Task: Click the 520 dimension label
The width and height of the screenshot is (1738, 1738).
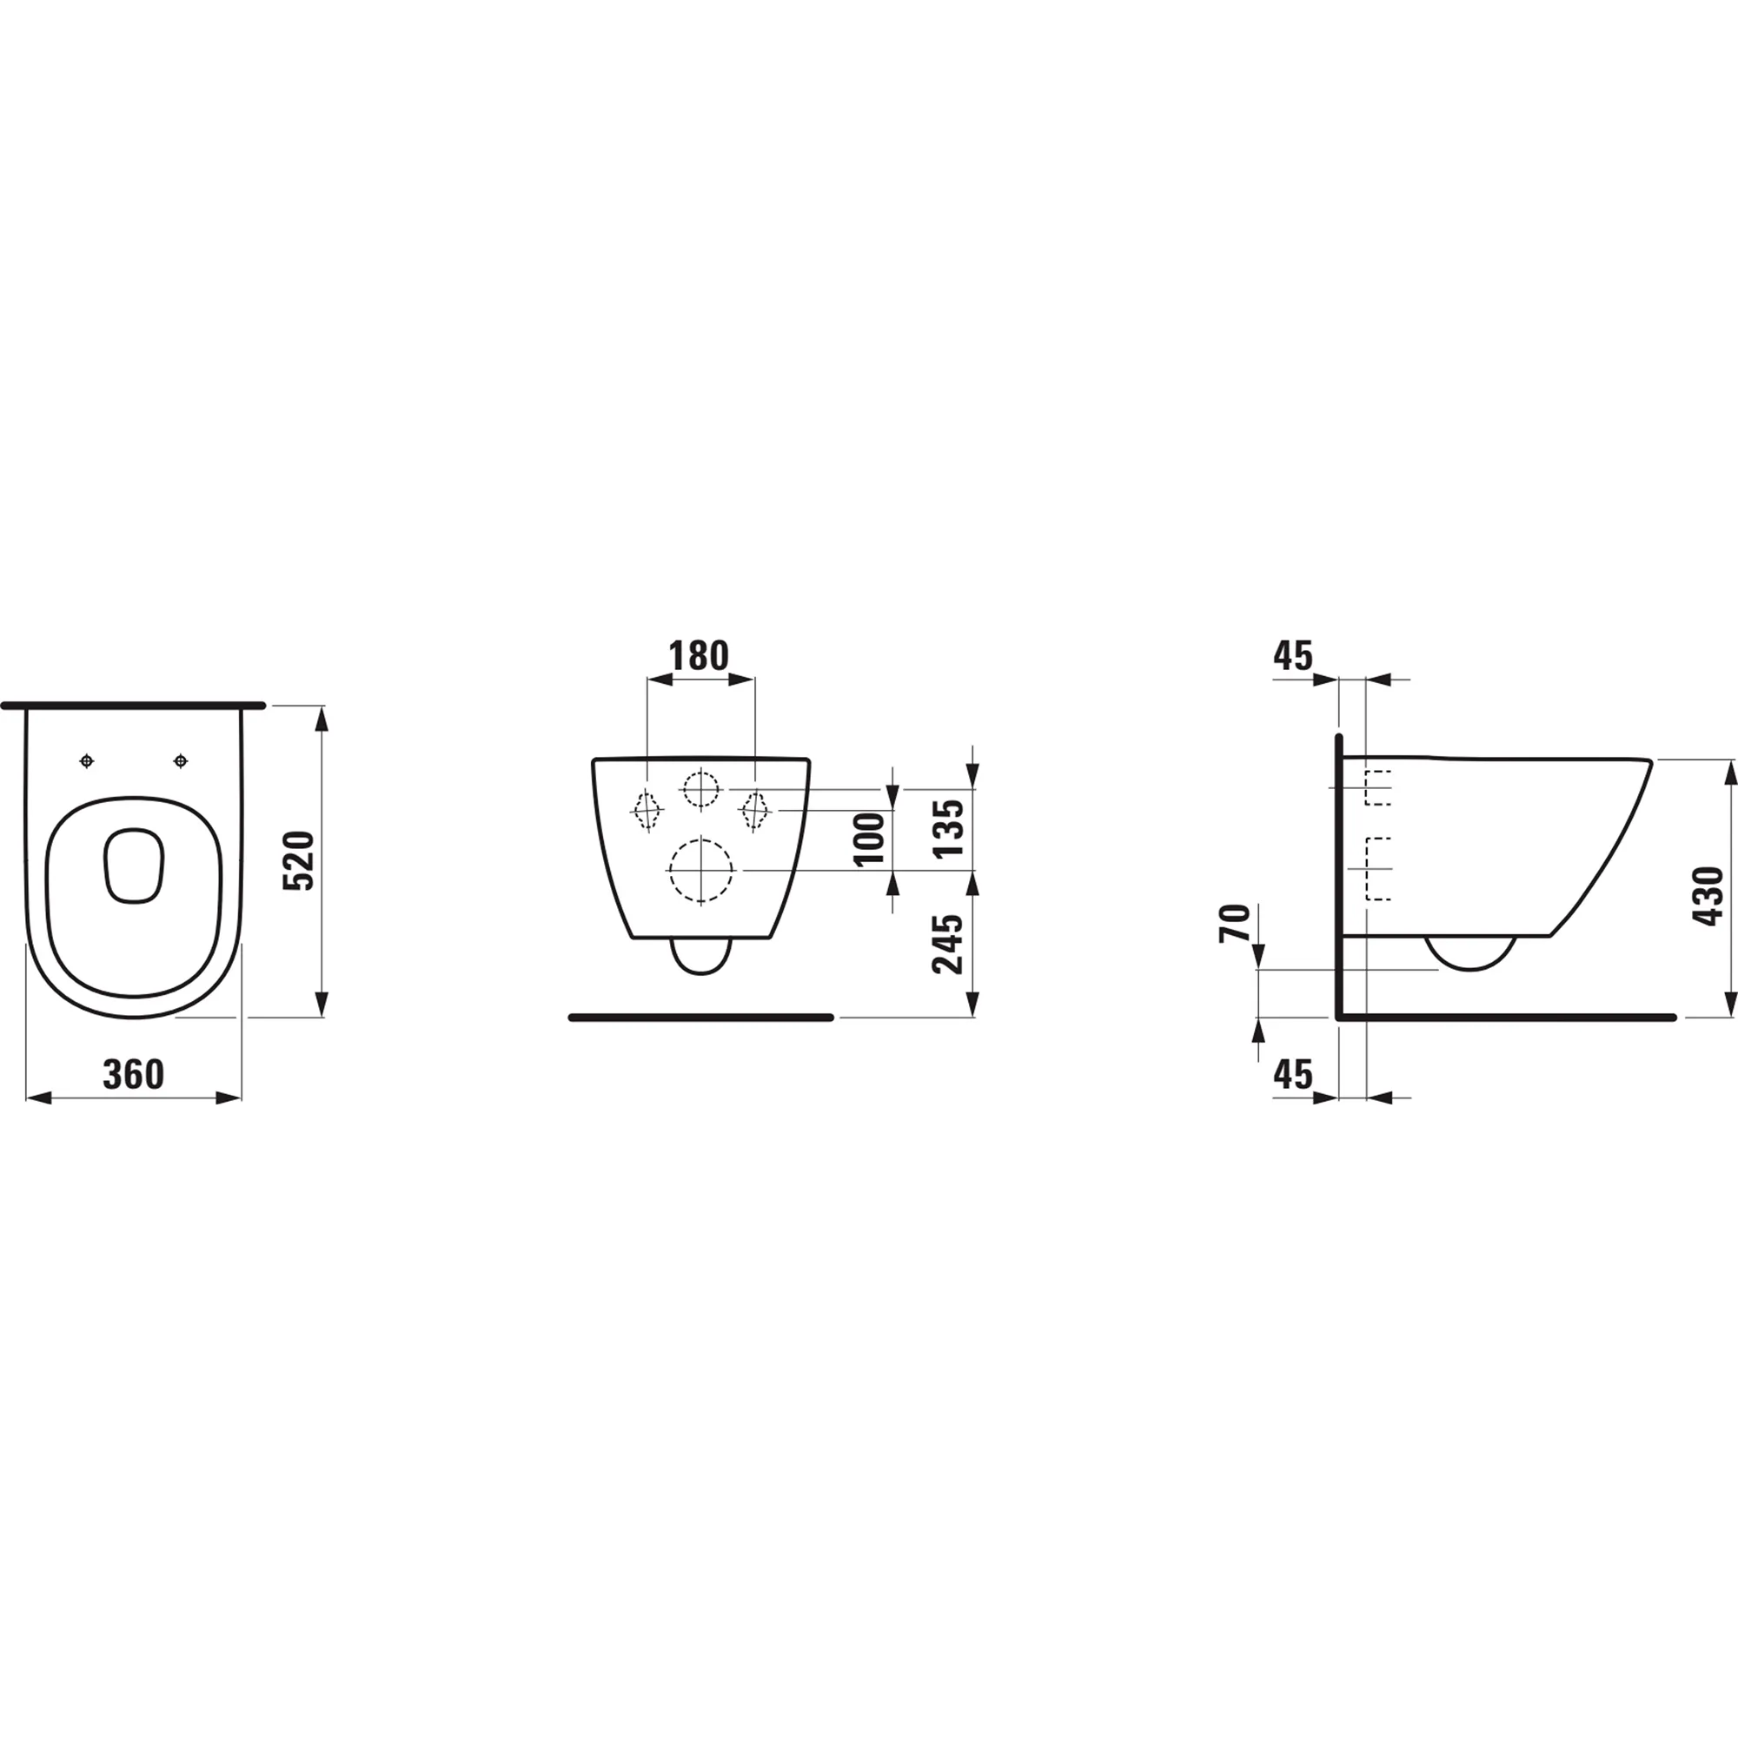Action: pos(300,861)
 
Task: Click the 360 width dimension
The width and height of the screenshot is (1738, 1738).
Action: pos(133,1074)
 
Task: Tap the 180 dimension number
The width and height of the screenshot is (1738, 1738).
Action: pos(699,656)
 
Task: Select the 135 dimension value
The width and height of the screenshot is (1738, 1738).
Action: pos(949,827)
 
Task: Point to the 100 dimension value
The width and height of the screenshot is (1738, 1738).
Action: pos(870,839)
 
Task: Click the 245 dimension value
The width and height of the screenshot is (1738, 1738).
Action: pos(948,944)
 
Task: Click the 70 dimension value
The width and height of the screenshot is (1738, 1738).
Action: pos(1235,923)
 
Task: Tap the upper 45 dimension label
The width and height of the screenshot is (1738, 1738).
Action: pos(1293,656)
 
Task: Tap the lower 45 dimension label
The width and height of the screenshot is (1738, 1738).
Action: pos(1293,1074)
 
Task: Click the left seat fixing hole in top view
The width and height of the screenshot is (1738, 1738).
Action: pos(86,762)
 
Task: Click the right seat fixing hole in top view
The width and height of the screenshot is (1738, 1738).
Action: pos(181,762)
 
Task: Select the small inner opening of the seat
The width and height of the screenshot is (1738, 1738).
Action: pos(134,866)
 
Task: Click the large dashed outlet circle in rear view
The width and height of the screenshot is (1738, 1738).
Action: pos(700,870)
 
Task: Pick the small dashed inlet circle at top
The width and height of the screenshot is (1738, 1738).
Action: pos(700,789)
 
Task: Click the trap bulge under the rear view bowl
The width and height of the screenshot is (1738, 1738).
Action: pos(700,957)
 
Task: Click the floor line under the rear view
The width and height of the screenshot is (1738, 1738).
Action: pos(700,1018)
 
